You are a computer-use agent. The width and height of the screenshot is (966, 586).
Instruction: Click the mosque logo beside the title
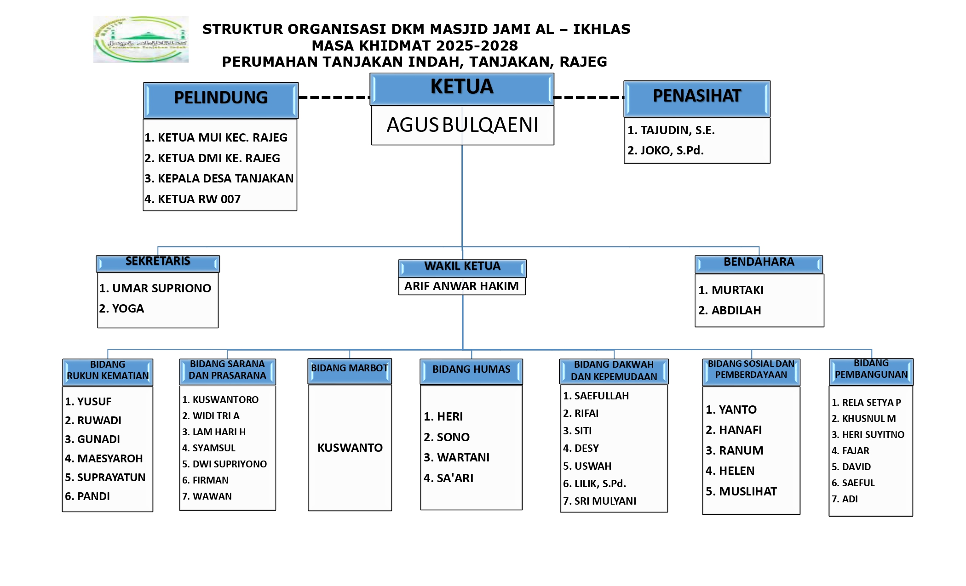click(x=141, y=40)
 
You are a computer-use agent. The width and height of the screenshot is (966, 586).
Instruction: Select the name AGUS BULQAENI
click(x=462, y=125)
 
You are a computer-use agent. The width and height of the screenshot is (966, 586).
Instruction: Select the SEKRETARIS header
click(x=158, y=262)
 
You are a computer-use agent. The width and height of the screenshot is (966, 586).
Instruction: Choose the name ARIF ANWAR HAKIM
click(x=461, y=286)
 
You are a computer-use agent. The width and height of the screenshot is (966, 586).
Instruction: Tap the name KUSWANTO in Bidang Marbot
click(x=350, y=448)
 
